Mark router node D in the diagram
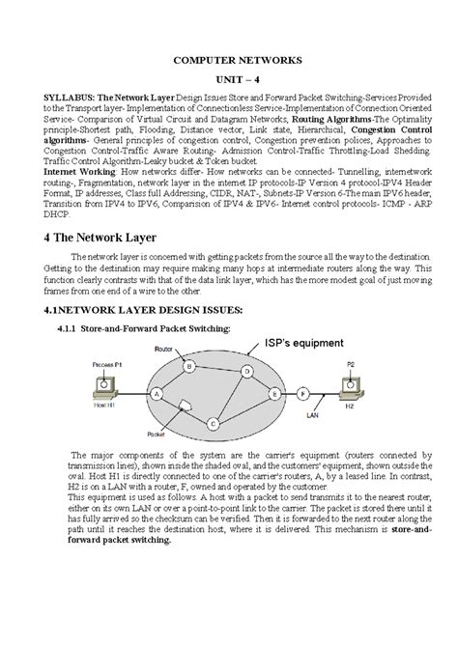[x=248, y=371]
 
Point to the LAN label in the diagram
[x=312, y=415]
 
